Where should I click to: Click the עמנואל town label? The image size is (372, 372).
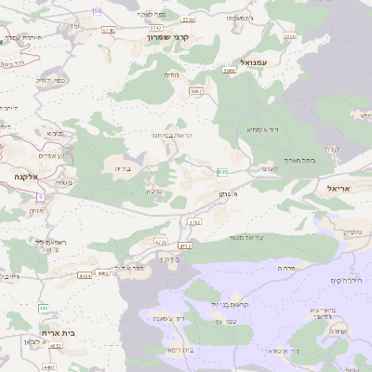click(254, 61)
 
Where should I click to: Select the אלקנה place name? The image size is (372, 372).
click(25, 175)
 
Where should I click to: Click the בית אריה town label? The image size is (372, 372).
click(58, 332)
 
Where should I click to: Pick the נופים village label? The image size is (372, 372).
click(171, 74)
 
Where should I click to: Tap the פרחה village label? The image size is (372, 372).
click(286, 267)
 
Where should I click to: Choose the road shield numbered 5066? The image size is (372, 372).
click(229, 70)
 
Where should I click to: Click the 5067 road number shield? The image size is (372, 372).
click(195, 91)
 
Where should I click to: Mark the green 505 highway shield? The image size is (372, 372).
click(223, 171)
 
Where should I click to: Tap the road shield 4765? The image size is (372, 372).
click(194, 222)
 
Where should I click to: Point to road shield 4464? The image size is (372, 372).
click(86, 275)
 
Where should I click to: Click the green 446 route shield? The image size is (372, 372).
click(44, 308)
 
